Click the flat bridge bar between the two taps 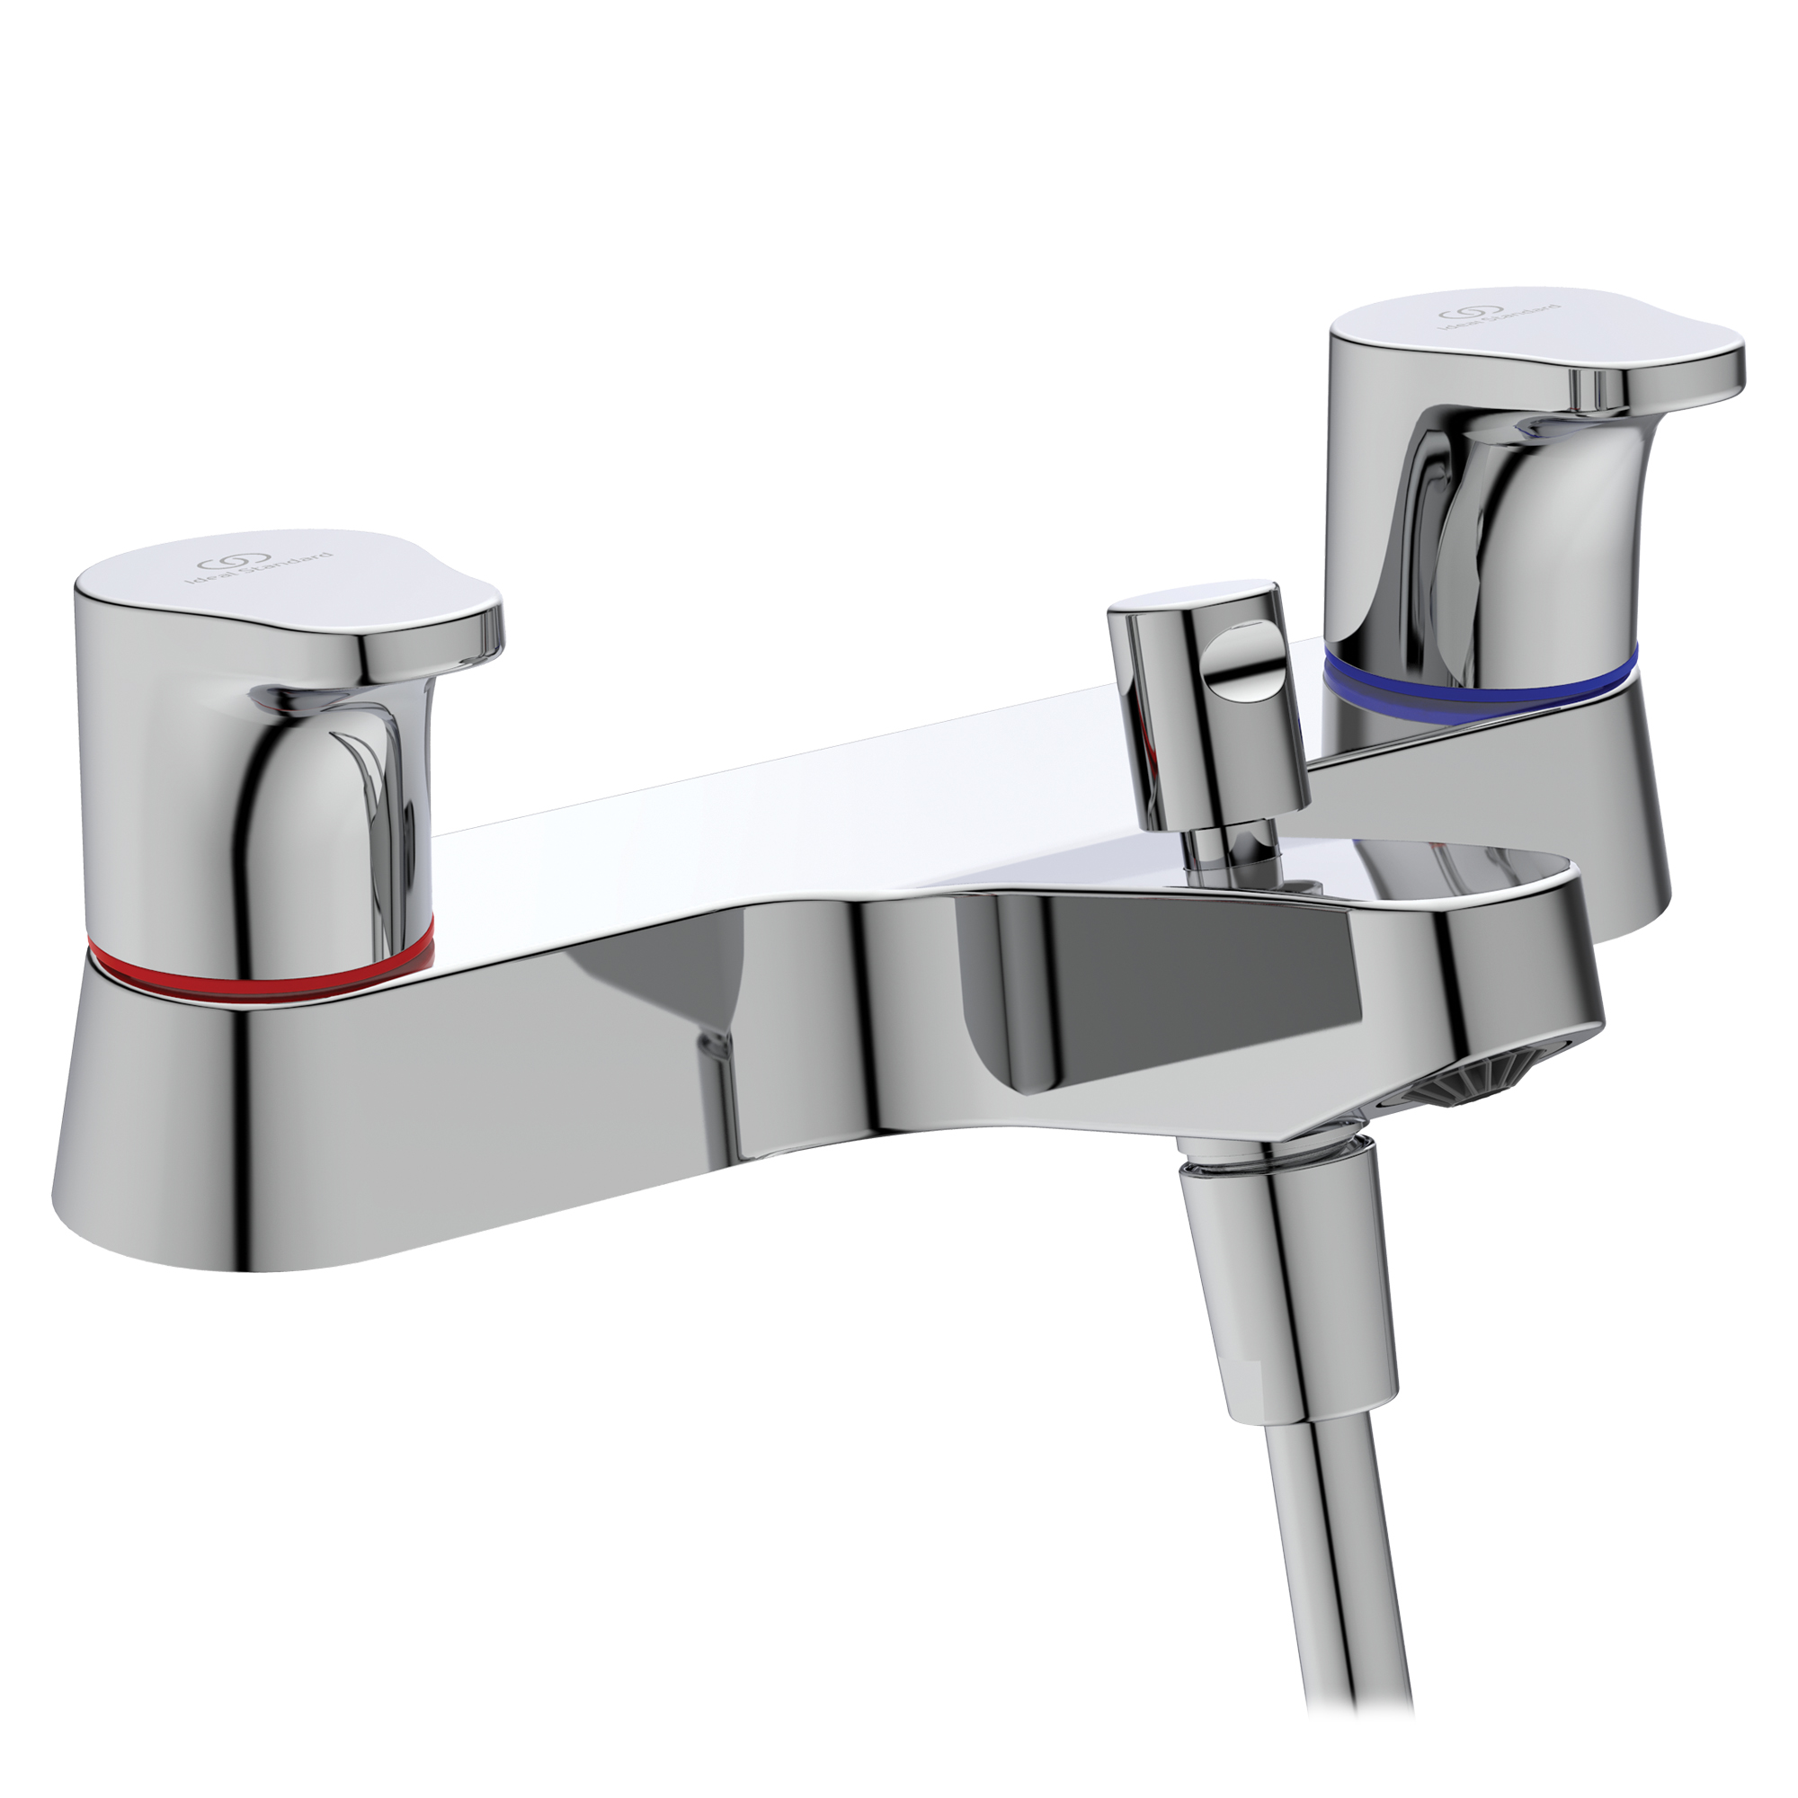click(744, 819)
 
